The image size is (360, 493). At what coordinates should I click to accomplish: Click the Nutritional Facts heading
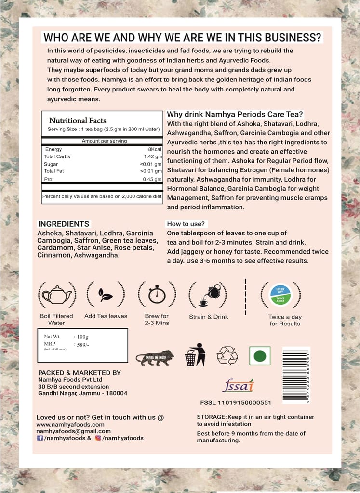click(78, 121)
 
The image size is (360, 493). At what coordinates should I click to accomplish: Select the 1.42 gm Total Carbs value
click(153, 156)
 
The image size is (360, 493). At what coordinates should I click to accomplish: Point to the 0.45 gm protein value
click(153, 180)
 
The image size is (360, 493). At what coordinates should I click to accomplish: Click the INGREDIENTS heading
click(64, 224)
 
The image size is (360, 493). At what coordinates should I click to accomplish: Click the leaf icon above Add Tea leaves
click(106, 294)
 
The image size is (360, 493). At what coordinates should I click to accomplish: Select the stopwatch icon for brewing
click(157, 294)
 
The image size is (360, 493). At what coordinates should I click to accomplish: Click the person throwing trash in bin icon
click(196, 355)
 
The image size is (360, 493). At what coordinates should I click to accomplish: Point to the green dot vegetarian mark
click(259, 356)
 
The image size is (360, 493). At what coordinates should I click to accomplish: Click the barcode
click(296, 375)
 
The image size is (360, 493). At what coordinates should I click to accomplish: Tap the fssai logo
click(238, 385)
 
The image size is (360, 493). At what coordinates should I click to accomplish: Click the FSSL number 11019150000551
click(236, 402)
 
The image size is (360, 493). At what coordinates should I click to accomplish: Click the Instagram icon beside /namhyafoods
click(98, 438)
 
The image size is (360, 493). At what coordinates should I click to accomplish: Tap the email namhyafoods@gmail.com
click(73, 431)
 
